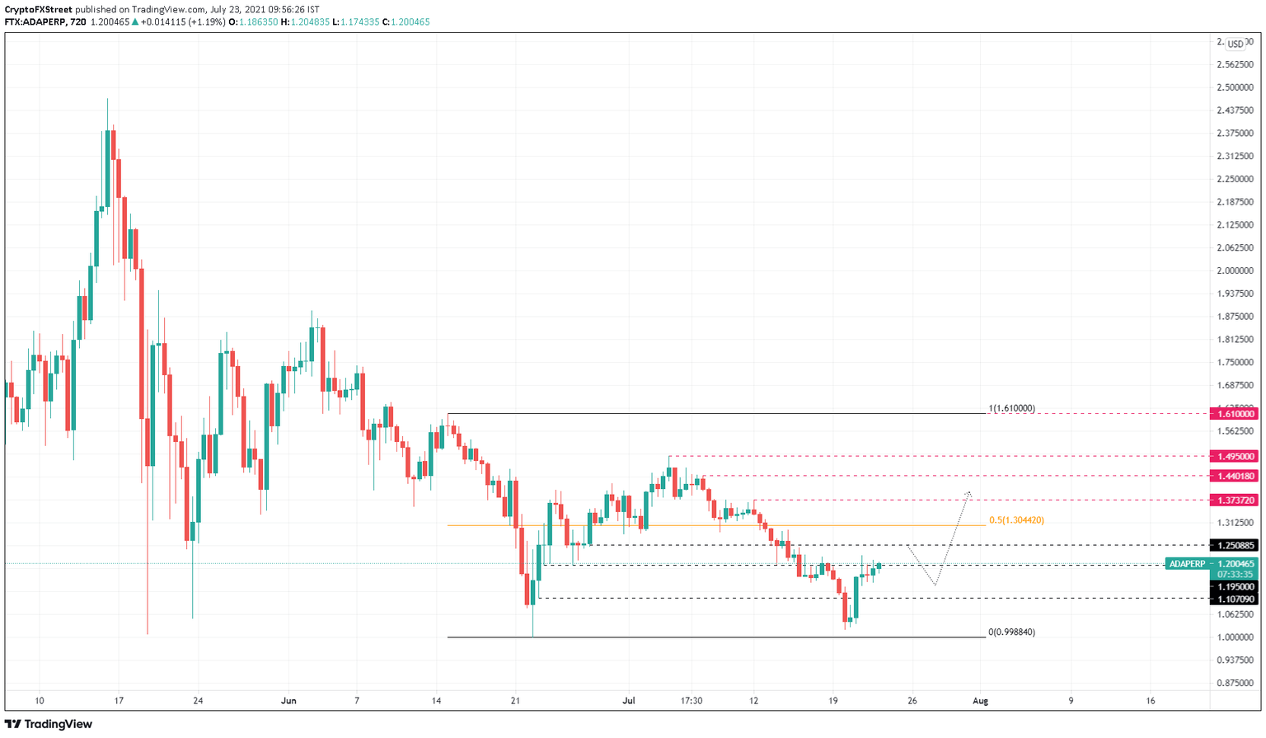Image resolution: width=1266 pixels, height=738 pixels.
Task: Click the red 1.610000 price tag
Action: (1234, 414)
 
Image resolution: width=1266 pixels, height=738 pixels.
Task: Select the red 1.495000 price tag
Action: (1234, 456)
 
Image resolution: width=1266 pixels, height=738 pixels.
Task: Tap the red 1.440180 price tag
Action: (1234, 476)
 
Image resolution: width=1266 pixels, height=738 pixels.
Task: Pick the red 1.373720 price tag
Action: (1234, 501)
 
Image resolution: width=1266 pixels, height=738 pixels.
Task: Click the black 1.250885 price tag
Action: (1234, 545)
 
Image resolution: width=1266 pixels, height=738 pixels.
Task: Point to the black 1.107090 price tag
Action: (1234, 599)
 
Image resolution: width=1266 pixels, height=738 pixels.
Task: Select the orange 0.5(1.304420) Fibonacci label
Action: (1016, 520)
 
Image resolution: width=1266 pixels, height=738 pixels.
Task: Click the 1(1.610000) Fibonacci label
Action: (1011, 408)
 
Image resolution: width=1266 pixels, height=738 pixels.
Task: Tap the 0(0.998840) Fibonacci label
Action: (1011, 632)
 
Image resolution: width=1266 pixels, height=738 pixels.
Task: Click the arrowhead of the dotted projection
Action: (969, 493)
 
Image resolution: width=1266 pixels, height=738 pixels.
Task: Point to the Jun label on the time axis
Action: (288, 701)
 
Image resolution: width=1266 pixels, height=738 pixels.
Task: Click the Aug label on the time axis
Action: (980, 701)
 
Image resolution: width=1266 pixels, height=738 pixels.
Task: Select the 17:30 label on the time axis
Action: (692, 701)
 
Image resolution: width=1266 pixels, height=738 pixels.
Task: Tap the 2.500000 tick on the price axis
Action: (1234, 87)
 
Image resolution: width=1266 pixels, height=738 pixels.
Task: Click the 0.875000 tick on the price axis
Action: (1234, 683)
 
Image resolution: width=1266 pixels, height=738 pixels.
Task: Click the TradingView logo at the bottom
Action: (49, 724)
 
